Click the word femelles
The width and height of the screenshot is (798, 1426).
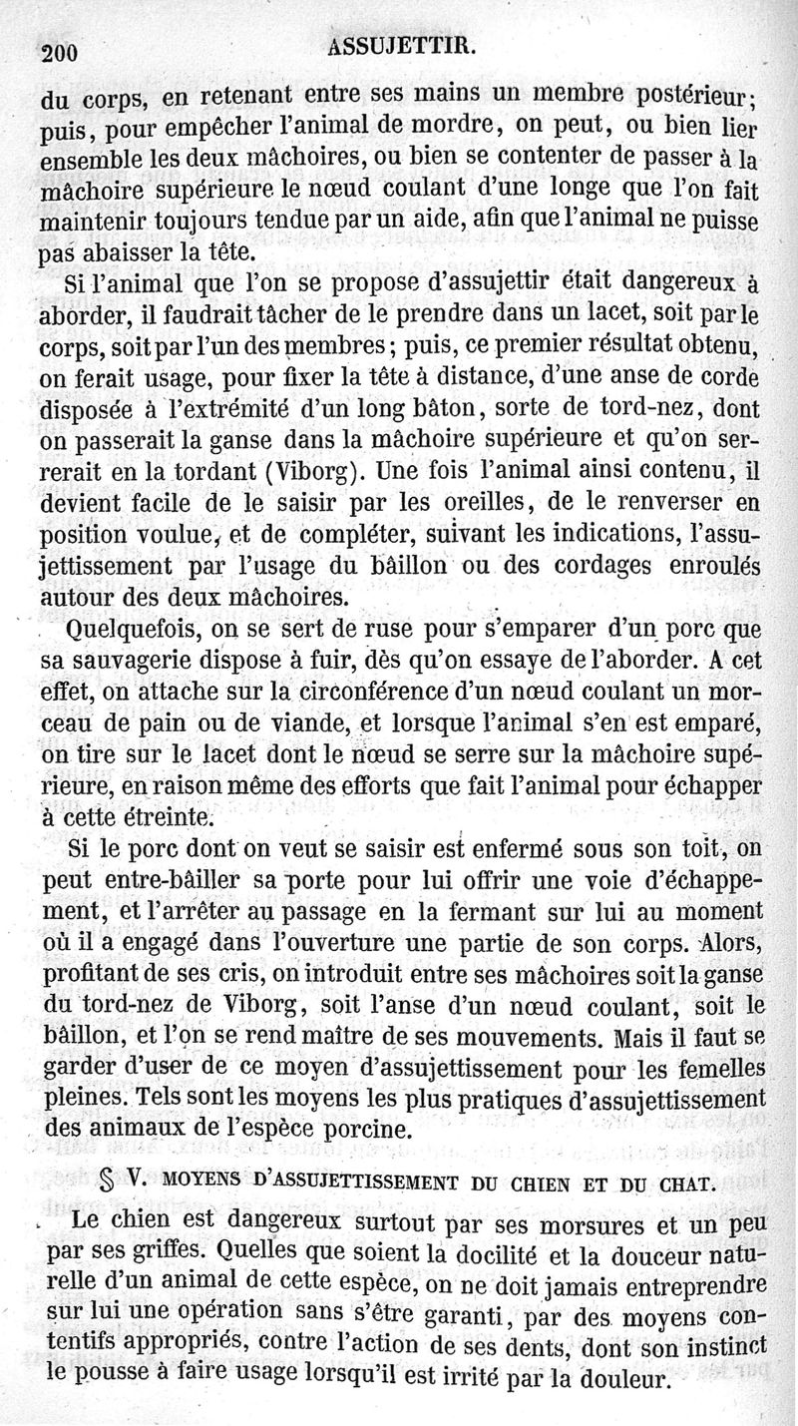pos(716,1068)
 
